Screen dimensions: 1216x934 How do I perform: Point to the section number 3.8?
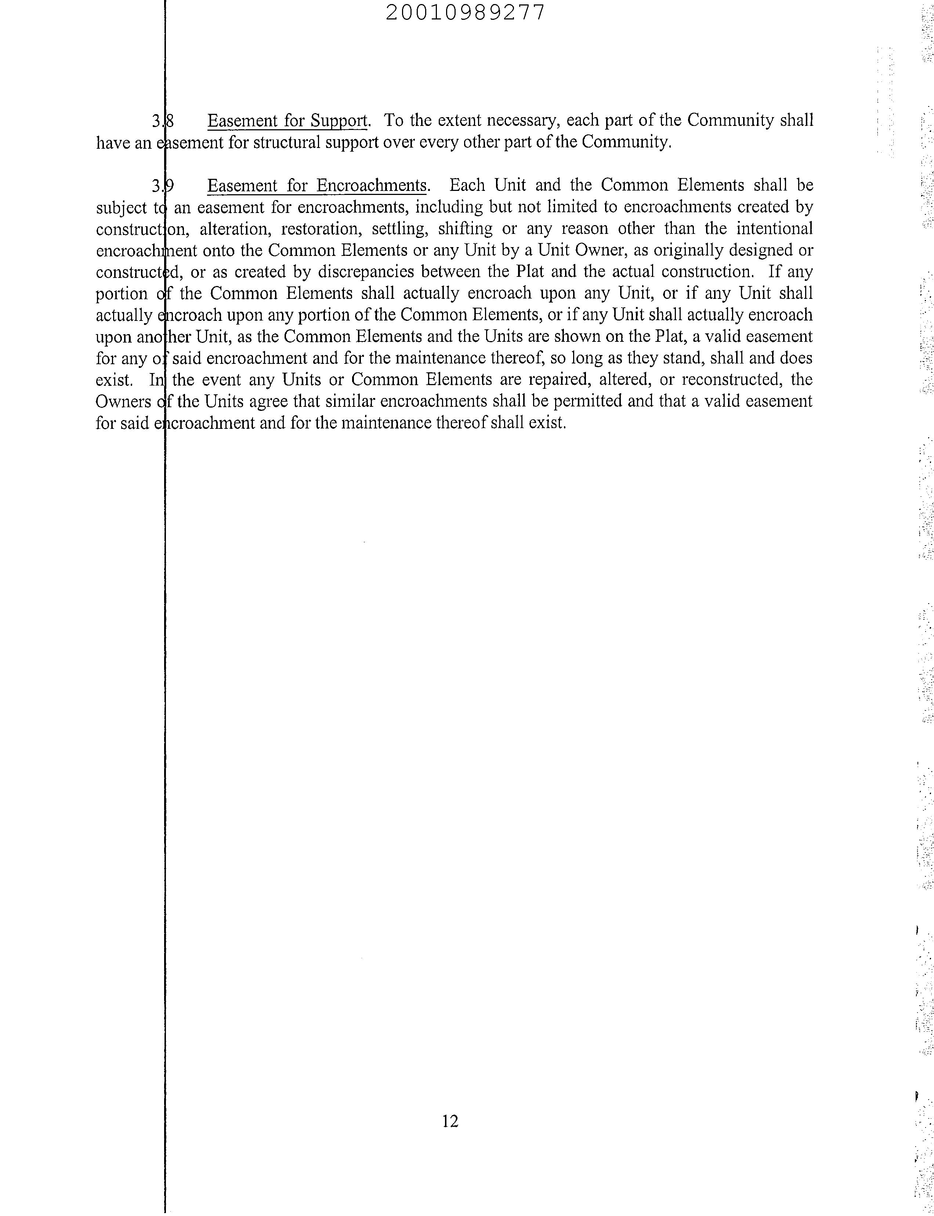coord(162,121)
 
